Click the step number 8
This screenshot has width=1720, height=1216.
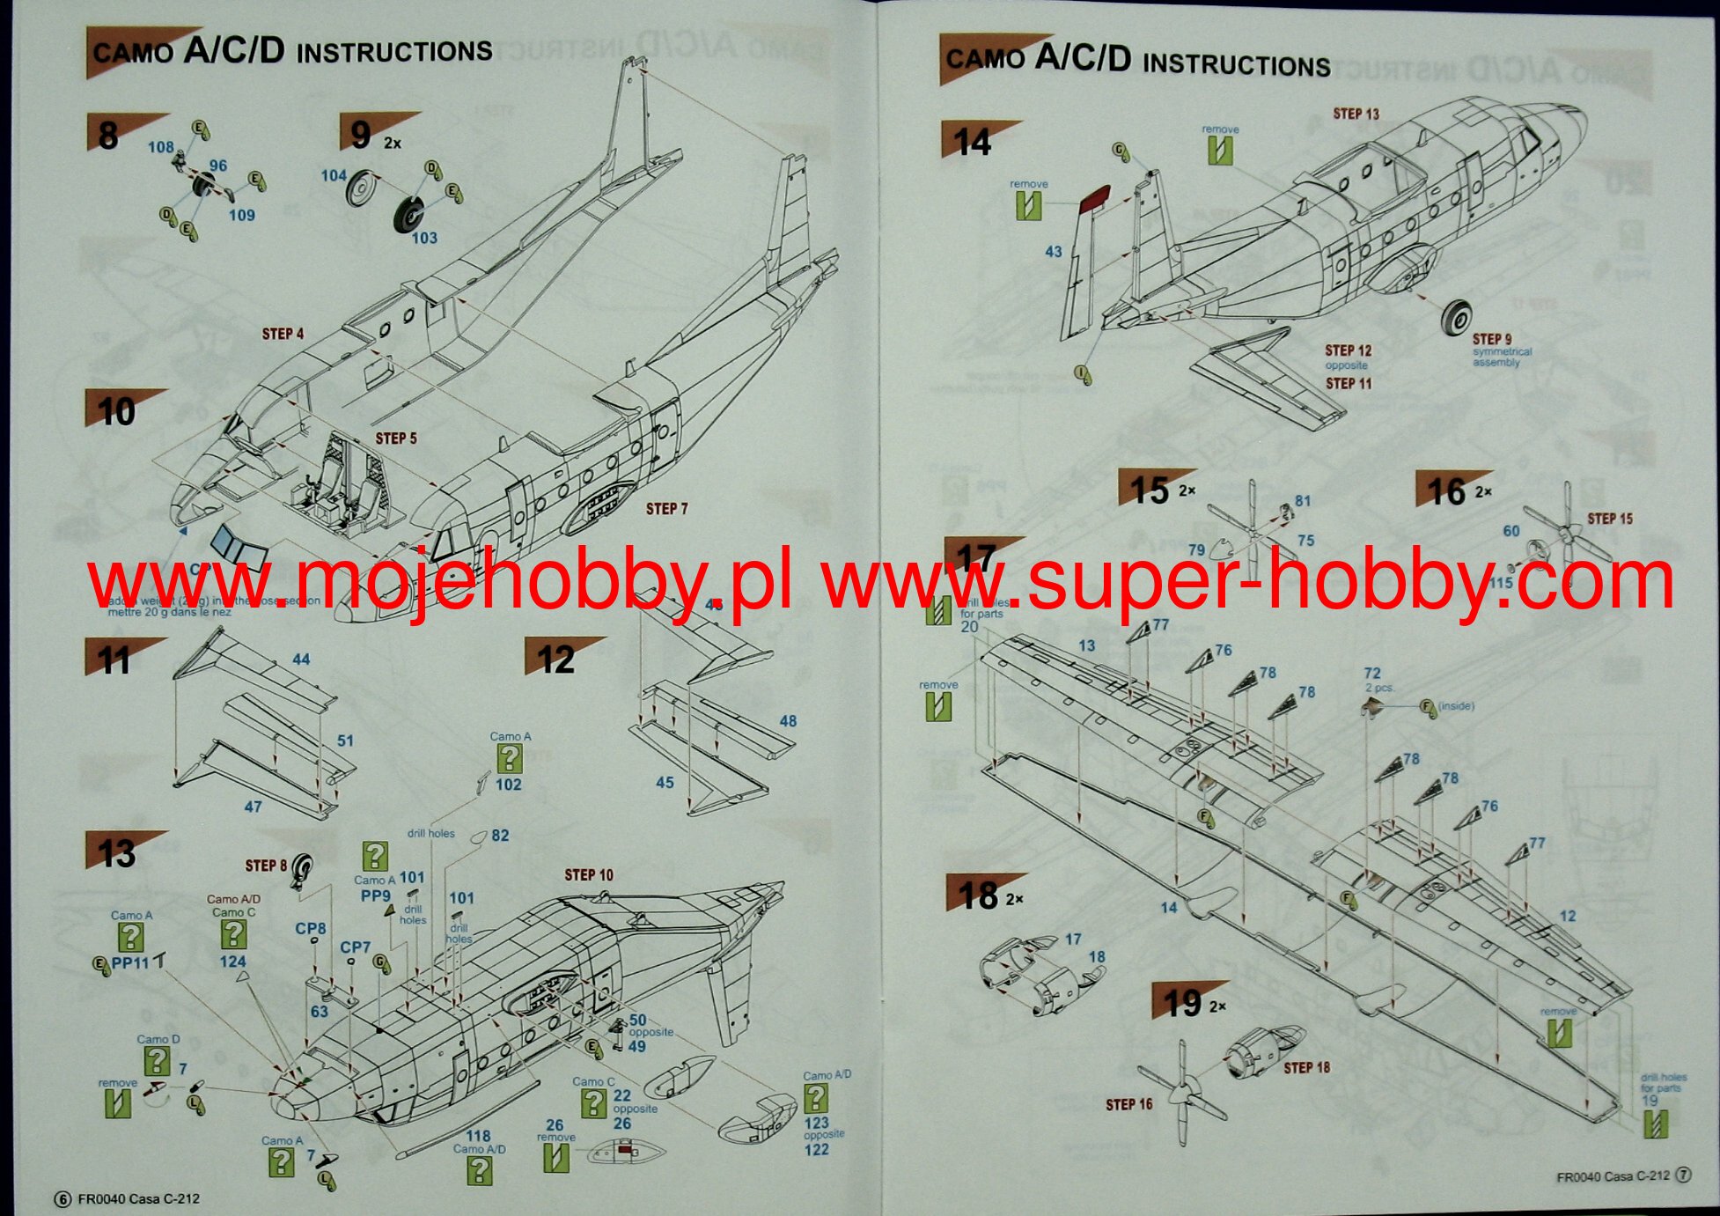107,136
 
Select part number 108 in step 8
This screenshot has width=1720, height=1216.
160,147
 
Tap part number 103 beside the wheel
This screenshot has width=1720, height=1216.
424,238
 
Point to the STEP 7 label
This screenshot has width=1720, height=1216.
666,509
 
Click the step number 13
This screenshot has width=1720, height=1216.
117,853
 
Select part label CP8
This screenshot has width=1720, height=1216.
311,928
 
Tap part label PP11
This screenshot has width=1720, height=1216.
130,963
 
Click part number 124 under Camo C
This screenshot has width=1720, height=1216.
233,962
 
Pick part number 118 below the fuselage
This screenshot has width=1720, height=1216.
478,1136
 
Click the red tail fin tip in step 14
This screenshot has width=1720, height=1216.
1094,202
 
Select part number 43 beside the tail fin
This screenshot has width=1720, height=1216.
1054,252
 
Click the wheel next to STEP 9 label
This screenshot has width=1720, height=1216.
1459,319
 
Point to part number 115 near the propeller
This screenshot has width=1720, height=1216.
1500,582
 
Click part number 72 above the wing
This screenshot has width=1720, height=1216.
1372,674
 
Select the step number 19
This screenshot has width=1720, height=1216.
1181,1004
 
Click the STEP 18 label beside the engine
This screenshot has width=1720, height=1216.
1306,1068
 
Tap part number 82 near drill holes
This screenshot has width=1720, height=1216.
500,836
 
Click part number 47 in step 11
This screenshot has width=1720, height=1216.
253,807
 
